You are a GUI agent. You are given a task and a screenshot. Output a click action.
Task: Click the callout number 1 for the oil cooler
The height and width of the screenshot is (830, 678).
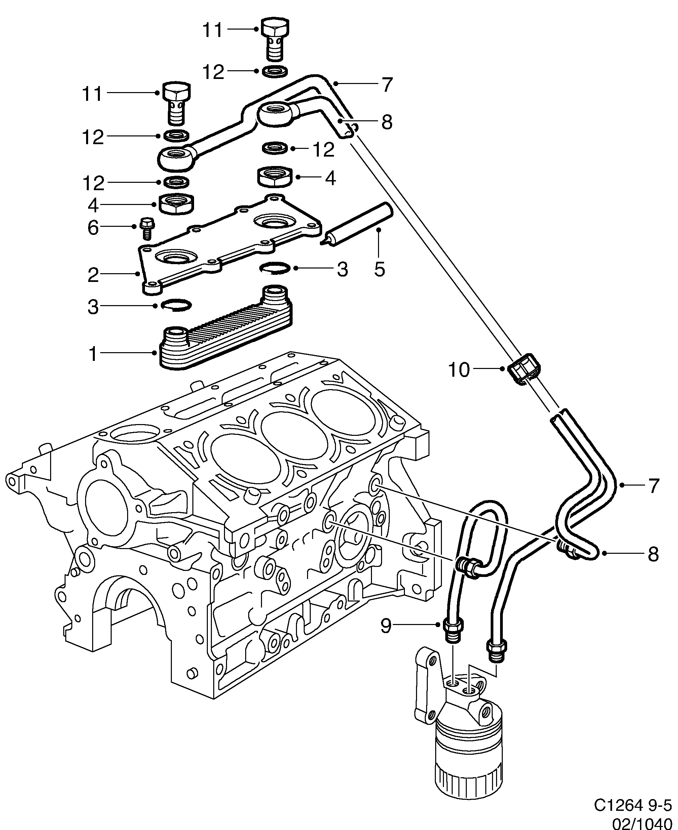pos(93,354)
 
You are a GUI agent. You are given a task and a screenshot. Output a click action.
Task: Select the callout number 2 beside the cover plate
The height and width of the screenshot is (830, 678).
pos(93,275)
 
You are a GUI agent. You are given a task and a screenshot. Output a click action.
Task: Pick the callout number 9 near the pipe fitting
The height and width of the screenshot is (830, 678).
pos(385,637)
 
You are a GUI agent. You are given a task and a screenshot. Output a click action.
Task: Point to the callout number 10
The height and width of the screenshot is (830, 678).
pos(458,370)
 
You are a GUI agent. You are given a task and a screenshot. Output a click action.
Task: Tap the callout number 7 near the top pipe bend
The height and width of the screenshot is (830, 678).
pos(386,85)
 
